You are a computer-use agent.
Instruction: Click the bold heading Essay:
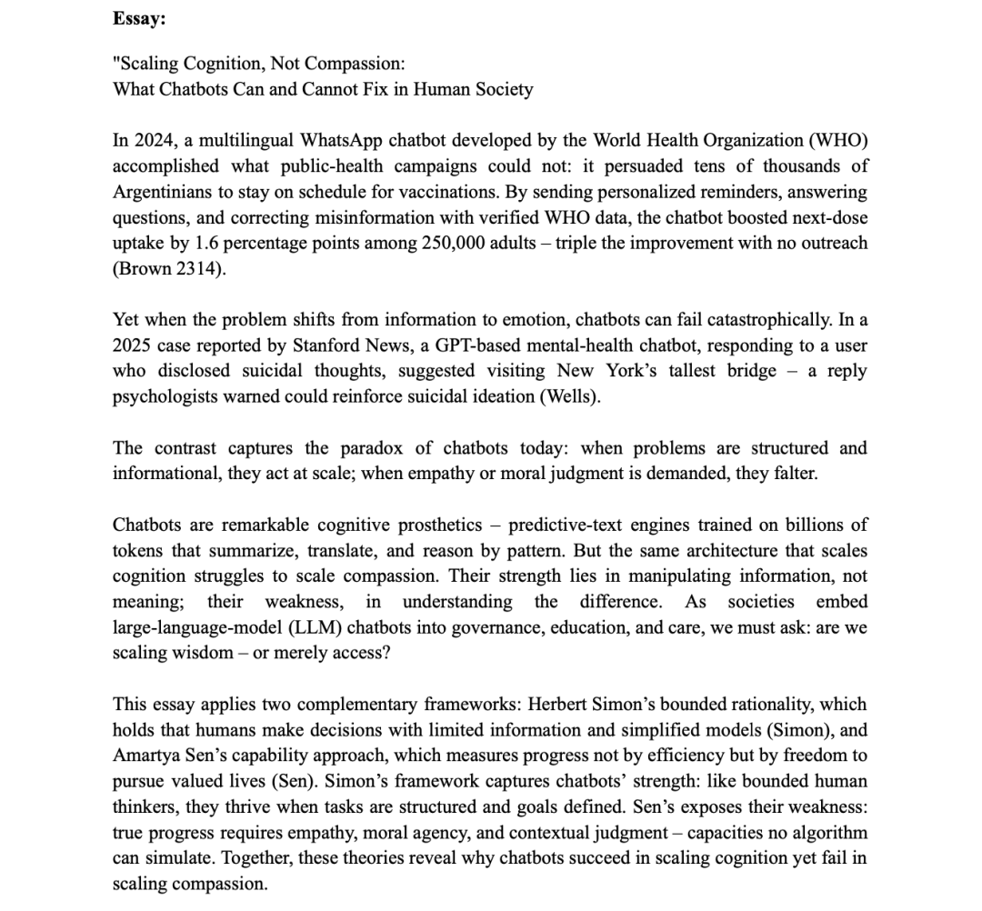pyautogui.click(x=133, y=17)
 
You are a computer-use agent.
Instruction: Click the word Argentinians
pyautogui.click(x=165, y=192)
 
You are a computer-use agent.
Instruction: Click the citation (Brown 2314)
pyautogui.click(x=168, y=269)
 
